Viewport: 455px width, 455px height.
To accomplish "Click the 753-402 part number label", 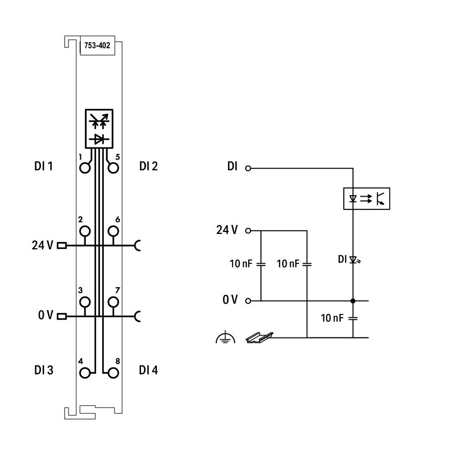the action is (97, 45).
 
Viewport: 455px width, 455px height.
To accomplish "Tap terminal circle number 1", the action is (85, 168).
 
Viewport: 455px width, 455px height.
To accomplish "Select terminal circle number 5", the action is (113, 168).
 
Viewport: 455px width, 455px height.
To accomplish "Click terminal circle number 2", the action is (85, 231).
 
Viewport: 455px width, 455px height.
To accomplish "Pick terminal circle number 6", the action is (113, 231).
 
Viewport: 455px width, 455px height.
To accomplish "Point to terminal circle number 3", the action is (85, 302).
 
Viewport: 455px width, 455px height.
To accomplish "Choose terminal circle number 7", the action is (113, 302).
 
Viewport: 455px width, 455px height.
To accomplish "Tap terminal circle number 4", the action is (85, 373).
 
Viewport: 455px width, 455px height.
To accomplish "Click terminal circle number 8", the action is (113, 373).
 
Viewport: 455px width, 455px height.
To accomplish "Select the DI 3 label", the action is (44, 370).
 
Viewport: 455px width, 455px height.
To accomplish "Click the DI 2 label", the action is (149, 166).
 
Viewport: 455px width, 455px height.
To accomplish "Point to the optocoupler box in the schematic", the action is (366, 198).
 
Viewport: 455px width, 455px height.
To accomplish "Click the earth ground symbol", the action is (226, 338).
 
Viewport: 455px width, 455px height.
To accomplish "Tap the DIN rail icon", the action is (259, 338).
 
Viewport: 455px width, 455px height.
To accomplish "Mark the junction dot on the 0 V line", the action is (353, 301).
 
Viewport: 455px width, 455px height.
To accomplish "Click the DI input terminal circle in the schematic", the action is (248, 168).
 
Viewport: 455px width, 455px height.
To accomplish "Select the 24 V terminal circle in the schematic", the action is (248, 231).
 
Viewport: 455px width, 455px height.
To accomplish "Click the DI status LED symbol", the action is (354, 259).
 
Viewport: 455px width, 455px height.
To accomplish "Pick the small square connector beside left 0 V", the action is (62, 316).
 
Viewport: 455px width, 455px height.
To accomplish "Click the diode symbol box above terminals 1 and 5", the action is (99, 129).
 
